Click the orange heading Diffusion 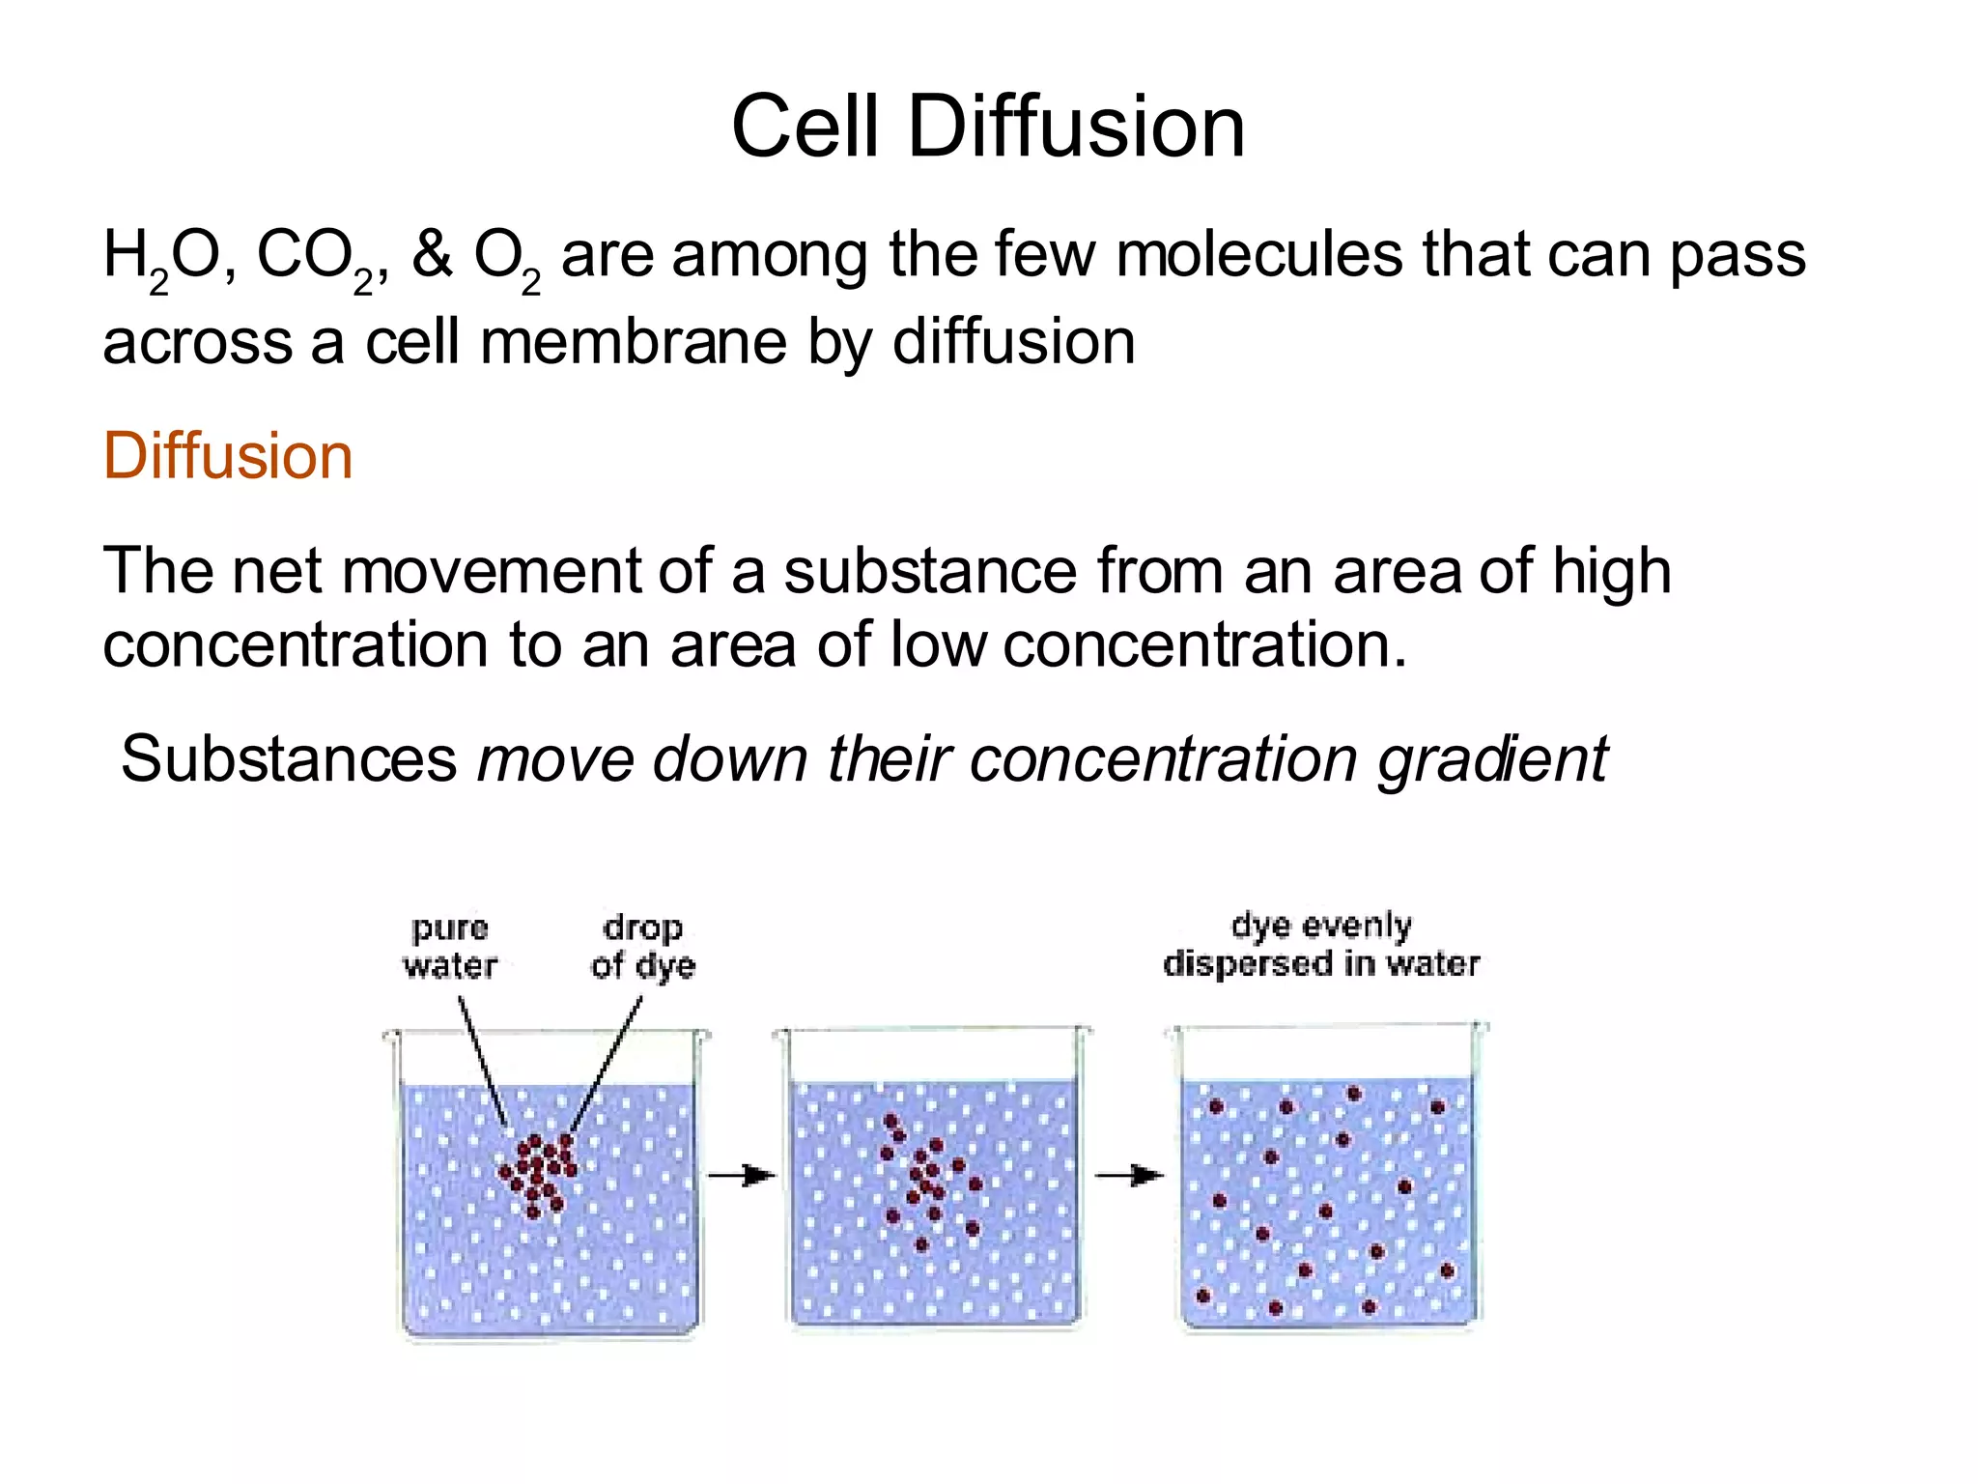click(x=228, y=456)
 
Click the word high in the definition click(x=1611, y=572)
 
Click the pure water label click(x=450, y=947)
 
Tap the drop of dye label click(x=643, y=946)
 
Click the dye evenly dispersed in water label click(x=1321, y=945)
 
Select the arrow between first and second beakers click(x=741, y=1176)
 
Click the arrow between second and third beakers click(x=1128, y=1176)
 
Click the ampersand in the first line click(x=432, y=255)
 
